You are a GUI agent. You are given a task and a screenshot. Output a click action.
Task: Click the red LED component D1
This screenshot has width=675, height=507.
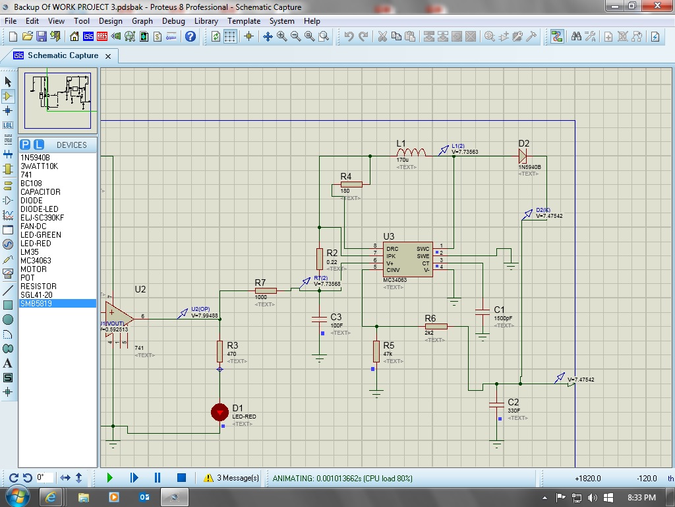(220, 413)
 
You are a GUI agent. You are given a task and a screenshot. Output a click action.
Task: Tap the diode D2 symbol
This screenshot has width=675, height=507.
(523, 156)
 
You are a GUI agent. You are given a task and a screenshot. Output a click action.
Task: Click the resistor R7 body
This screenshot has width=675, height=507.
(265, 290)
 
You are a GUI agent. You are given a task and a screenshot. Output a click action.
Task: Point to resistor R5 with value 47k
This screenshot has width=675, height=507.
(376, 351)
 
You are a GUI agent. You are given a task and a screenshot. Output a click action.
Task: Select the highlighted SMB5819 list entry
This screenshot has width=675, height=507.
(36, 304)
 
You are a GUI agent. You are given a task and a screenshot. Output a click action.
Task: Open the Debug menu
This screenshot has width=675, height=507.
(173, 21)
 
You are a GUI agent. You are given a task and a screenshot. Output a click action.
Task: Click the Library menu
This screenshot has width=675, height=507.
(206, 21)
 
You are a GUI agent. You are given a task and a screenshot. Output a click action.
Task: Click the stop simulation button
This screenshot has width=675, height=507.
(181, 477)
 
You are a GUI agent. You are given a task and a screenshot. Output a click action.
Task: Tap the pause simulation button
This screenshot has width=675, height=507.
(158, 477)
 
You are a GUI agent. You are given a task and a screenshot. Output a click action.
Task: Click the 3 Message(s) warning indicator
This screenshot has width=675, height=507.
(231, 477)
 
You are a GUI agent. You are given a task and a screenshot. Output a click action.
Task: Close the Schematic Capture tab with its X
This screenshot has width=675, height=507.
(109, 56)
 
